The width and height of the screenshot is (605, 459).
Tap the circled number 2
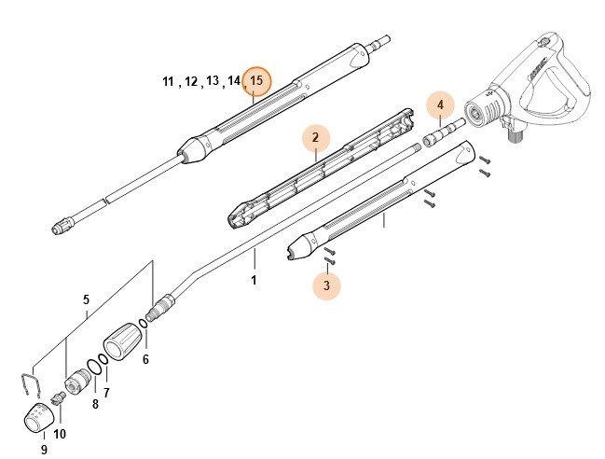point(316,138)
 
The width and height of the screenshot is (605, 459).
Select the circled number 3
point(326,286)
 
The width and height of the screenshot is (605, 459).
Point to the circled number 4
point(441,105)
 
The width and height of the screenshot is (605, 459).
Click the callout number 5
point(86,300)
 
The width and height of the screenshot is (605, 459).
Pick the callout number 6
point(145,358)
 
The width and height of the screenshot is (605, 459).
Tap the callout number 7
point(105,392)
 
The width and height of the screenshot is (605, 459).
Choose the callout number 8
point(94,404)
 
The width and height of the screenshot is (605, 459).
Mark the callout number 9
point(43,450)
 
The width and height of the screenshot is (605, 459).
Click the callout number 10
point(60,434)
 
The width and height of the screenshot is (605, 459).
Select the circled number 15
point(256,81)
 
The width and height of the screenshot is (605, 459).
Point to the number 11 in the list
point(168,82)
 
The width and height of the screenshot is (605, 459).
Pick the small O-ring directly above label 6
point(141,325)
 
